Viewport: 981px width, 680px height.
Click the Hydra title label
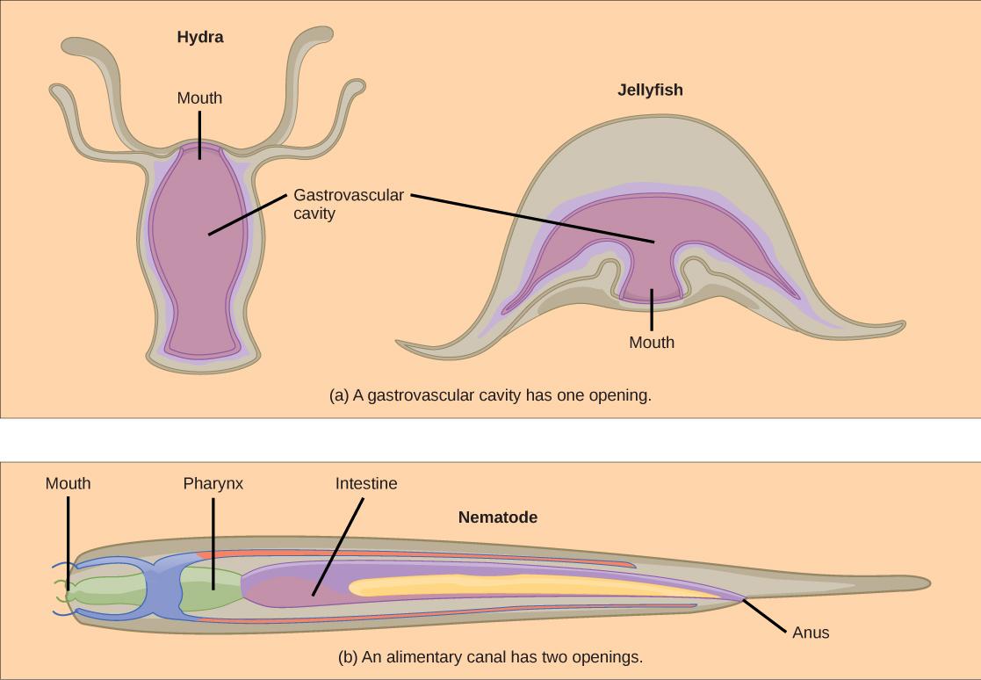tap(200, 37)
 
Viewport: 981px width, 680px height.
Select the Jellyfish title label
tap(650, 90)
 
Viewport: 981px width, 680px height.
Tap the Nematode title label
tap(498, 517)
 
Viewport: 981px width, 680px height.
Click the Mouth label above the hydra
tap(199, 98)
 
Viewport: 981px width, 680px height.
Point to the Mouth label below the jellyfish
tap(652, 343)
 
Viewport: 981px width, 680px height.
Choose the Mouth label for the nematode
tap(68, 483)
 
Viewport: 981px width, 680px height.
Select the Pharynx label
tap(213, 483)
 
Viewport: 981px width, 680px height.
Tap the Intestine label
tap(366, 483)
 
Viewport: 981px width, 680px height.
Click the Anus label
tap(810, 633)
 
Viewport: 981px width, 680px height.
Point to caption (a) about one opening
tap(490, 395)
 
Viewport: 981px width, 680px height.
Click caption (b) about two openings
tap(490, 656)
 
